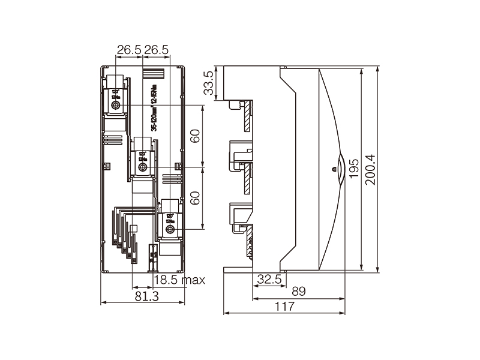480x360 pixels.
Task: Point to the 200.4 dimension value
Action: [x=370, y=170]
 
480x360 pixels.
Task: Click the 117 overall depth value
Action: [x=284, y=307]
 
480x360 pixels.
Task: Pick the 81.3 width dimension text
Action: [x=146, y=296]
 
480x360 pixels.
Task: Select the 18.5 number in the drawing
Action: [x=165, y=280]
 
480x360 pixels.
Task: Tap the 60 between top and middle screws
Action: [x=195, y=136]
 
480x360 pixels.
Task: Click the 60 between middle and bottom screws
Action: [x=195, y=198]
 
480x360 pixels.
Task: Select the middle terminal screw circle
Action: [x=143, y=168]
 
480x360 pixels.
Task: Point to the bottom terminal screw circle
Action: [x=170, y=230]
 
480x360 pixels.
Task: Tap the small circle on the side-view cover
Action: [x=334, y=170]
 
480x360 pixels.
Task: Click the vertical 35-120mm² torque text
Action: [x=154, y=108]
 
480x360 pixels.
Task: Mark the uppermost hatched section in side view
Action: [x=246, y=117]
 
